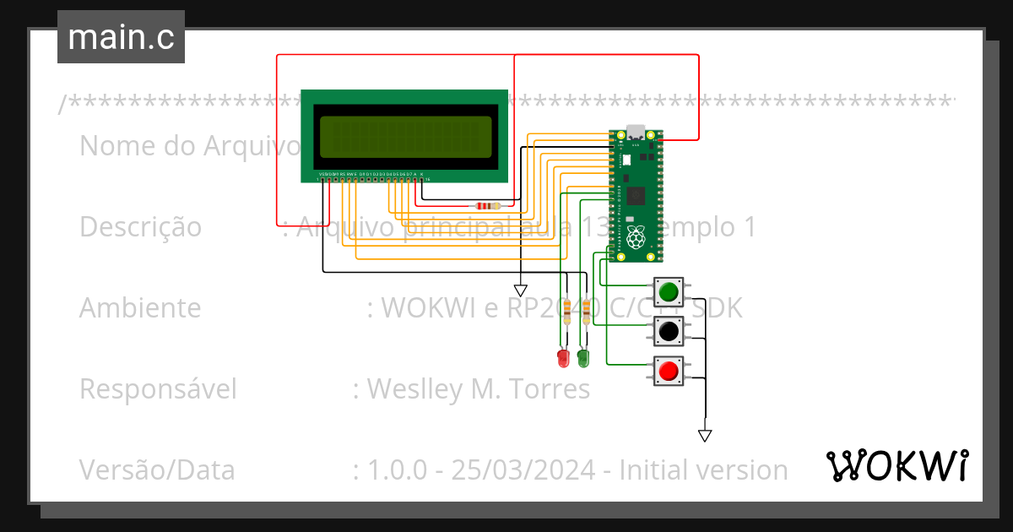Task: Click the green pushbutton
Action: coord(669,292)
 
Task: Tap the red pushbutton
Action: coord(669,371)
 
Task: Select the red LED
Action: coord(563,358)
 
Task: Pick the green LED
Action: coord(582,358)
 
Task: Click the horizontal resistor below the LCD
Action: coord(487,205)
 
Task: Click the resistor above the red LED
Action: coord(566,310)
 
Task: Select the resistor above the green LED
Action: coord(586,310)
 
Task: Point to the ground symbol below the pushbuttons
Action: coord(705,436)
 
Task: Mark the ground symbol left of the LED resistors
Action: coord(520,290)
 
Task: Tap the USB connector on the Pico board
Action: coord(634,133)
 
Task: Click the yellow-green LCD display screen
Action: coord(405,137)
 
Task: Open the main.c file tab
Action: coord(121,37)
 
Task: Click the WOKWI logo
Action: coord(897,465)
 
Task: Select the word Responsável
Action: coord(158,389)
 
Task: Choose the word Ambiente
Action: coord(140,308)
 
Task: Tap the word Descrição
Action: coord(140,227)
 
